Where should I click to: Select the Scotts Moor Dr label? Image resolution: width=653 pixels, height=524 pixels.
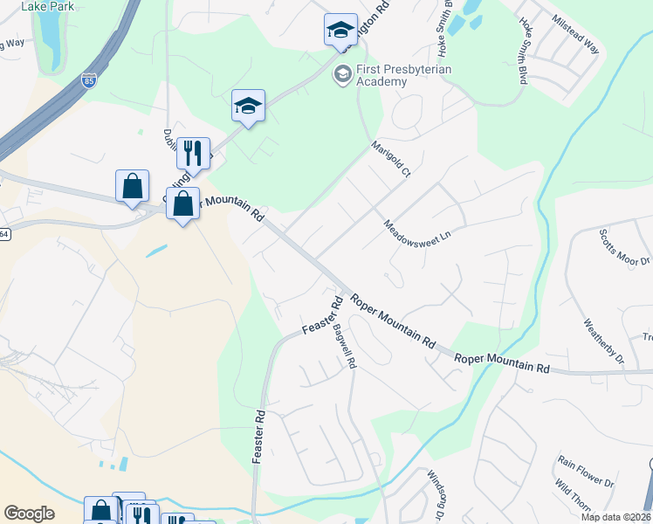(625, 248)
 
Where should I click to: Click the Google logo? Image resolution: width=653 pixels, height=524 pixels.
(29, 514)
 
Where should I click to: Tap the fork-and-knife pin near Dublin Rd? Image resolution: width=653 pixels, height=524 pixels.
(192, 154)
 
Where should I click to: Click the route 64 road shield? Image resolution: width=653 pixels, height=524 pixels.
(3, 233)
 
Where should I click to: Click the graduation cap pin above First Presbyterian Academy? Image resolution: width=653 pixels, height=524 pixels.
(340, 31)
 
